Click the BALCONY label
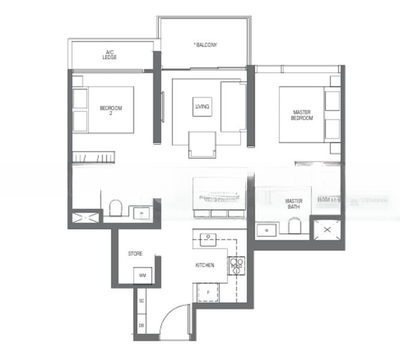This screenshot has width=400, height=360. pos(205,45)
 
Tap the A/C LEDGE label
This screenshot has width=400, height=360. pos(109,55)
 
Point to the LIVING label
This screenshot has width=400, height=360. pos(202,107)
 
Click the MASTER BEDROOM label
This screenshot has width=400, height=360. pos(302,115)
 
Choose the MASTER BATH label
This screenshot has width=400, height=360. pos(294,204)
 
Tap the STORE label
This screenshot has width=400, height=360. pos(135,254)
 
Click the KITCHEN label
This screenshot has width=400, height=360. pos(205,265)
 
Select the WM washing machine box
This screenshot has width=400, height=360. pos(142,275)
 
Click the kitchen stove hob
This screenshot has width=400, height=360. pos(236,265)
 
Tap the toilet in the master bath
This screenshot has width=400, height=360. pos(294,226)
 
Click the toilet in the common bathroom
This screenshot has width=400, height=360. pos(116,208)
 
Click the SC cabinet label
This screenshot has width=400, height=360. pos(141,300)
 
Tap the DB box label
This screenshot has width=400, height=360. pos(141,325)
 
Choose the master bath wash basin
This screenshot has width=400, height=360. pos(264,229)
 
